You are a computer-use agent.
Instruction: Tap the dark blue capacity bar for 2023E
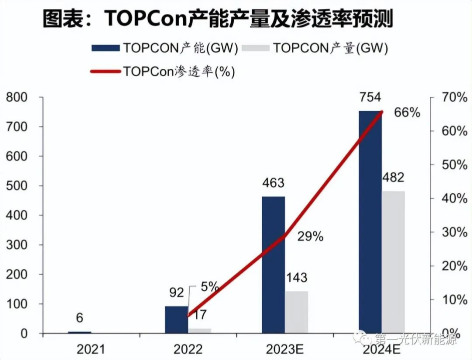[273, 265]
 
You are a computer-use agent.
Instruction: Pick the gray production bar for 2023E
[297, 312]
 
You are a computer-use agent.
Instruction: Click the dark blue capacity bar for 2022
[176, 320]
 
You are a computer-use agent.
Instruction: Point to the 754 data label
[370, 97]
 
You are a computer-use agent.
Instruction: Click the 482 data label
[393, 178]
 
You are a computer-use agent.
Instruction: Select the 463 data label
[273, 183]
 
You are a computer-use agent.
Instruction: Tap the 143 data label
[296, 278]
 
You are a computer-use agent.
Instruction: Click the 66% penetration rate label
[407, 112]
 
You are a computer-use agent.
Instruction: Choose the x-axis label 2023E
[284, 348]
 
